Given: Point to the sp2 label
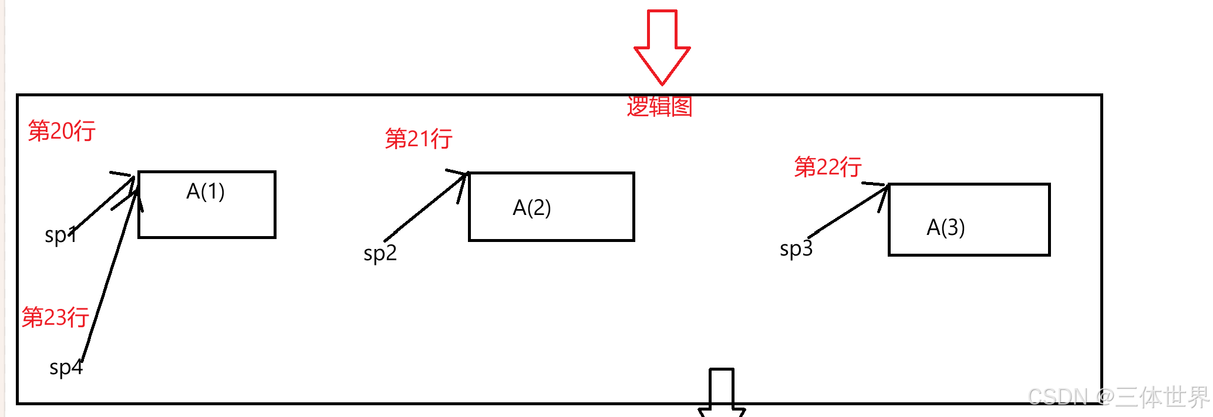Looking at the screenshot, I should pyautogui.click(x=380, y=253).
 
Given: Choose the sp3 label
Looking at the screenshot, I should pyautogui.click(x=796, y=248).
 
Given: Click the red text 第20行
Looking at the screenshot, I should pyautogui.click(x=62, y=130).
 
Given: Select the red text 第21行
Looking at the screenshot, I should pyautogui.click(x=419, y=139).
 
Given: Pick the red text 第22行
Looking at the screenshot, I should pyautogui.click(x=828, y=167).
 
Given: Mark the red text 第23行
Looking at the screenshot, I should pyautogui.click(x=55, y=317).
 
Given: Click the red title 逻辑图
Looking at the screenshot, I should pyautogui.click(x=659, y=106).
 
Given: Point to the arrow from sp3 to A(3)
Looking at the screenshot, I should pyautogui.click(x=848, y=211).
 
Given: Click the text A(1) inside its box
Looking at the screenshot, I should pyautogui.click(x=205, y=191).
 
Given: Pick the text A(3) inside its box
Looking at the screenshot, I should pyautogui.click(x=945, y=227).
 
